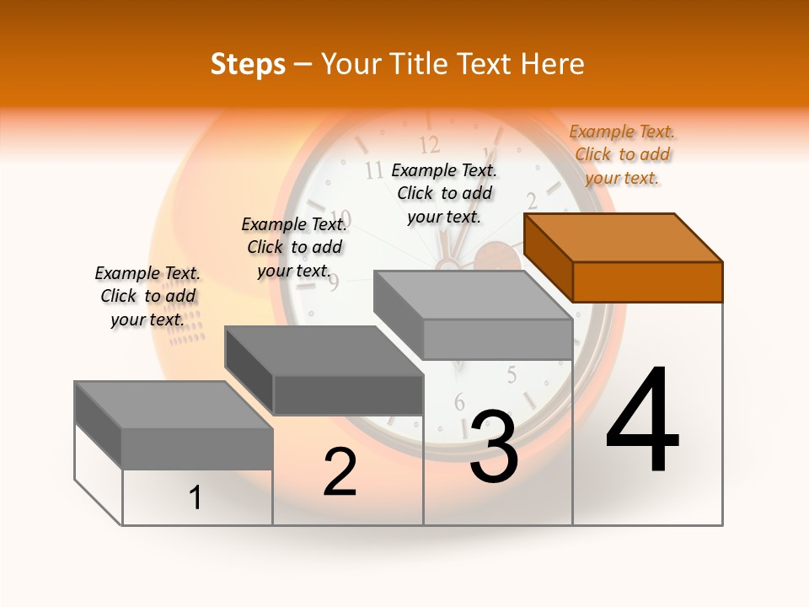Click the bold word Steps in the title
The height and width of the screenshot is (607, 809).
tap(248, 64)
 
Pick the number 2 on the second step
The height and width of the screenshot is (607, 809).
tap(340, 472)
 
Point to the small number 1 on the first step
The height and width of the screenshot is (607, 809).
tap(196, 498)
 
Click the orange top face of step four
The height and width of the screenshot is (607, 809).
tap(623, 238)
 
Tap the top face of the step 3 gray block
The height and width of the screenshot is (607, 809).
tap(472, 295)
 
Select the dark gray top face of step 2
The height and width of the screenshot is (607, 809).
tap(323, 351)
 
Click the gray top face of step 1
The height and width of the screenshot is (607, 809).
tap(173, 406)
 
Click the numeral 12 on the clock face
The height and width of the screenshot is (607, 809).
tap(429, 143)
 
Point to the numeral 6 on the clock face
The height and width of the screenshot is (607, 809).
tap(460, 402)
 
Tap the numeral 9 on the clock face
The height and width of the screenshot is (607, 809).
tap(334, 282)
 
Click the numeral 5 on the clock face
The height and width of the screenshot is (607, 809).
tap(512, 374)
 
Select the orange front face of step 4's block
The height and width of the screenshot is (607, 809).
tap(647, 282)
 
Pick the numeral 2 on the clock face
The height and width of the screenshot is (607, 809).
tap(532, 201)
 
